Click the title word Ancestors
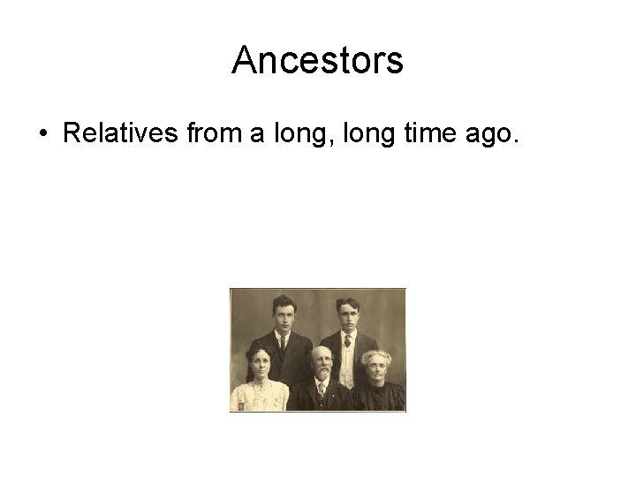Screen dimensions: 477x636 [x=317, y=61]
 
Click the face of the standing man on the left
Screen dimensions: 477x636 [x=283, y=314]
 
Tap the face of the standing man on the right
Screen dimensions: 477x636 [x=347, y=314]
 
